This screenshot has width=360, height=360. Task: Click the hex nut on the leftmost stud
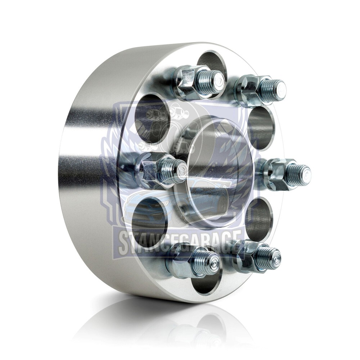pos(149,168)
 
